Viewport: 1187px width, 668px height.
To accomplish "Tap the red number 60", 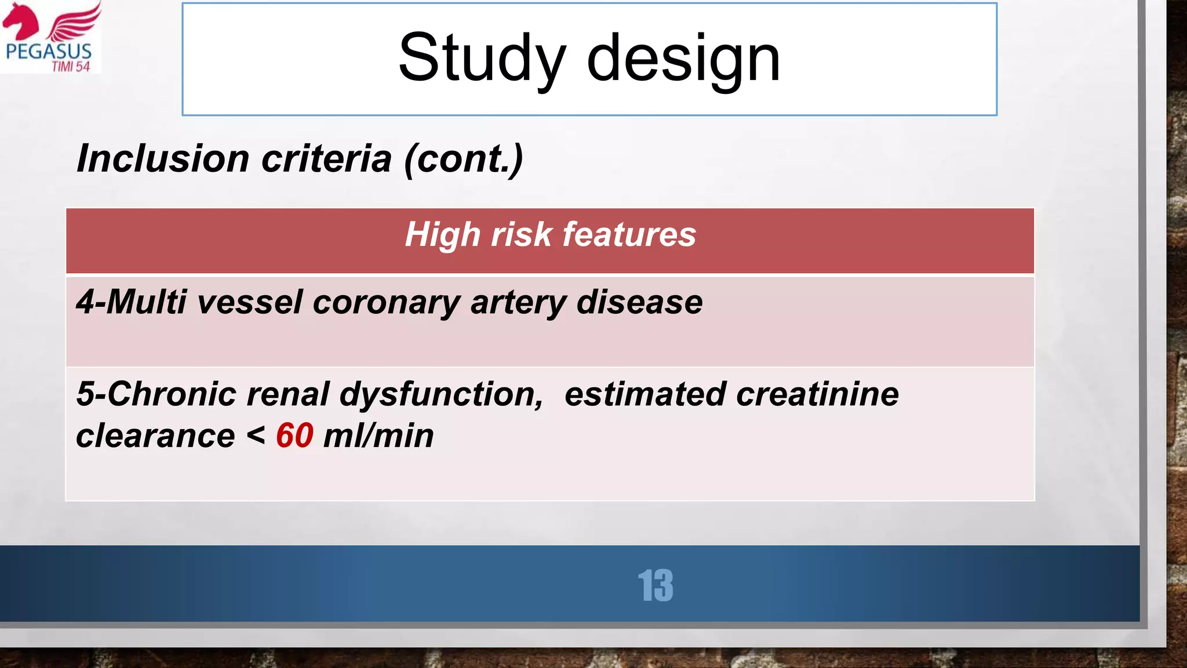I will coord(294,435).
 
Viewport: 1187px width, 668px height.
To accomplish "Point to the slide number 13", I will coord(656,586).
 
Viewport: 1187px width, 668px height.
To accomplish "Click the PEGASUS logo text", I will coord(49,51).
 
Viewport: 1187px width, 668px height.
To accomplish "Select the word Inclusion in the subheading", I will coord(163,159).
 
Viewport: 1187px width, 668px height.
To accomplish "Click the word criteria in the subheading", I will coord(326,159).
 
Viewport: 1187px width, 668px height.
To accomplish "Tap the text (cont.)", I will coord(464,159).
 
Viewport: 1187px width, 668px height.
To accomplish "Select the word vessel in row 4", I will coord(250,302).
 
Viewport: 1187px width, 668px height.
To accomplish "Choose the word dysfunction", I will coord(441,394).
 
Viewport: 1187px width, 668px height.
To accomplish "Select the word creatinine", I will coord(817,394).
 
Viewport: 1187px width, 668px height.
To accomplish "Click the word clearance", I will coord(155,436).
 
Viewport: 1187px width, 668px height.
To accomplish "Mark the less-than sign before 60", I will coord(256,436).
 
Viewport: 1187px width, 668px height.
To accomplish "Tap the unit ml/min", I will coord(378,436).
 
